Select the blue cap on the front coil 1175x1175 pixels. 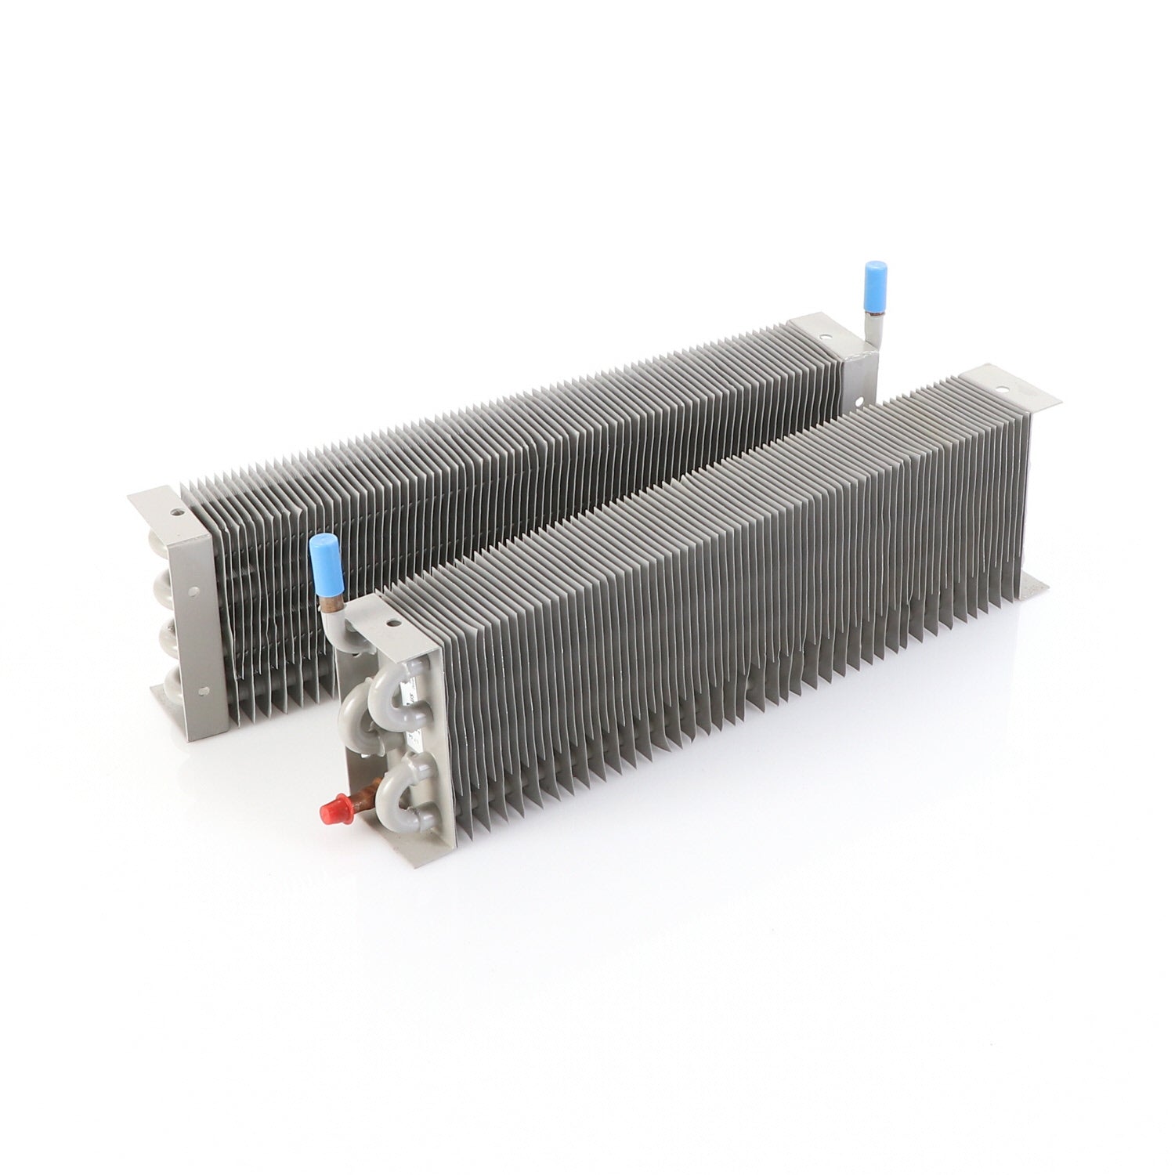click(323, 557)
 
